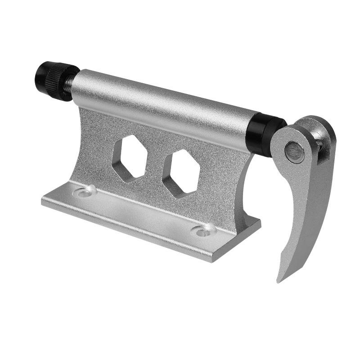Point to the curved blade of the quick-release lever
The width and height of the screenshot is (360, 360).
pos(299,216)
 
